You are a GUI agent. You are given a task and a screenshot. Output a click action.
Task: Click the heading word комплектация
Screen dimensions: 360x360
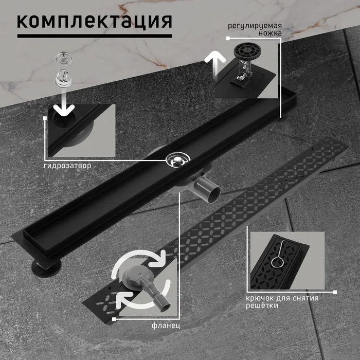click(x=94, y=22)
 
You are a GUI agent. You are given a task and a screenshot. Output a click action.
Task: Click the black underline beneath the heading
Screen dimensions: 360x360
click(x=95, y=36)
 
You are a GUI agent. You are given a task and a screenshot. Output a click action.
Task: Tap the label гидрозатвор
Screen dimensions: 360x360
click(x=67, y=166)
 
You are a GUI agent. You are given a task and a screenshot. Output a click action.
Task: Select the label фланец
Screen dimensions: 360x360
click(x=166, y=326)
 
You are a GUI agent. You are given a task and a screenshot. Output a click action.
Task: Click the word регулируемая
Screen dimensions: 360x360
click(x=255, y=26)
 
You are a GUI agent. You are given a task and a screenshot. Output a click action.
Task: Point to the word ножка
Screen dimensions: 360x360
click(x=270, y=33)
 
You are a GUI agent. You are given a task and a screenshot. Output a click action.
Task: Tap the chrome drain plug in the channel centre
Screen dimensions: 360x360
click(x=178, y=159)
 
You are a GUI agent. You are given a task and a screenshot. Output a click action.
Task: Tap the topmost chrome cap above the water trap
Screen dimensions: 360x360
click(x=63, y=59)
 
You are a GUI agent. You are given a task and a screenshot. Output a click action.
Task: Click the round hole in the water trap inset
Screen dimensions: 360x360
click(x=64, y=119)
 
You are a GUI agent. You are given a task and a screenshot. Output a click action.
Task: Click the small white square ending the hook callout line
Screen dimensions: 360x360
click(x=335, y=292)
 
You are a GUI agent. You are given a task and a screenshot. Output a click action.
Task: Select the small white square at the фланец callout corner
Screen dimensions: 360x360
click(x=114, y=319)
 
